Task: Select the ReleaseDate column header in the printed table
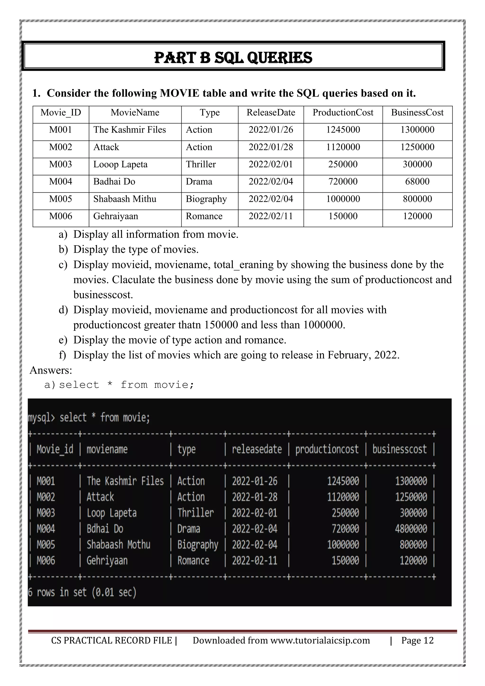271,113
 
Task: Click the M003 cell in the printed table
61,164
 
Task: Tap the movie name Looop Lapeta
120,164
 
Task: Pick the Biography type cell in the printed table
206,199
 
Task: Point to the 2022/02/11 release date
271,216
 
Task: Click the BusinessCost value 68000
417,182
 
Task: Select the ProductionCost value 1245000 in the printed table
343,130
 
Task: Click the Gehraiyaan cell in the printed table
116,216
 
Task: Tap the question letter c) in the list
63,265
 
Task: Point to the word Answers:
51,370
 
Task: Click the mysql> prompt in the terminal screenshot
41,417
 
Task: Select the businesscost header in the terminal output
399,449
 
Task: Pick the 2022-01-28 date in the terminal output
255,497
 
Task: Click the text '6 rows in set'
57,592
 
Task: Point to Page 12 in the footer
417,640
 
